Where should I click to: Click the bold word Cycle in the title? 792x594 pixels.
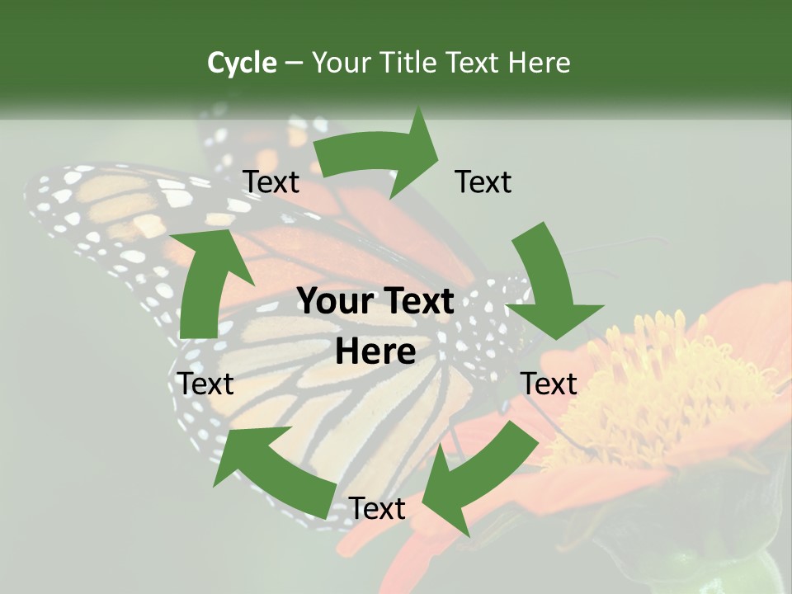242,63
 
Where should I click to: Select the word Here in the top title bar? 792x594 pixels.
540,63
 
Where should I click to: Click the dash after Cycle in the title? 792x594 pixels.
294,63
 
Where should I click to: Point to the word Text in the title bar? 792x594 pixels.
474,63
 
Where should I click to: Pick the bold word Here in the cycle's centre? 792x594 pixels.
375,352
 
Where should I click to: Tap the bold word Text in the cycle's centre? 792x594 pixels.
412,302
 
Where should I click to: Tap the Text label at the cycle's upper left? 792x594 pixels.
271,182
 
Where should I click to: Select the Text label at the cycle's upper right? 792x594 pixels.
484,182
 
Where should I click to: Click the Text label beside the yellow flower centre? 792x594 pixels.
549,384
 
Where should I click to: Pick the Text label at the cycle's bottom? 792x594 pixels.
377,509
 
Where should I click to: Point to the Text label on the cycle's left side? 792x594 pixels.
206,384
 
